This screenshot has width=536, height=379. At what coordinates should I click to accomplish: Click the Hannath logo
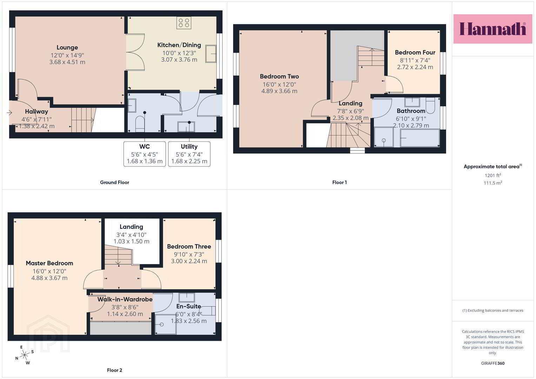pos(493,29)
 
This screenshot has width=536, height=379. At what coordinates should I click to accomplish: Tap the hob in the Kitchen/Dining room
pos(184,23)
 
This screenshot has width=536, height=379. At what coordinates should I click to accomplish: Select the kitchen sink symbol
pos(211,54)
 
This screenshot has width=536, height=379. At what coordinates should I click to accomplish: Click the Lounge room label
pos(67,47)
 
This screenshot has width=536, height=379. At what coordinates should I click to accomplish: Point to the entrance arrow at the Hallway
pos(9,112)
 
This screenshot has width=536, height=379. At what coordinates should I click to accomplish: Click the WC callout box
pos(145,154)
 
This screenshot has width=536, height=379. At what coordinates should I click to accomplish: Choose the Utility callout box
pos(189,154)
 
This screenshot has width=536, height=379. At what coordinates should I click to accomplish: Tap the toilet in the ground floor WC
pos(140,124)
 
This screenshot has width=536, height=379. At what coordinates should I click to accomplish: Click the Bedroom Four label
pos(415,52)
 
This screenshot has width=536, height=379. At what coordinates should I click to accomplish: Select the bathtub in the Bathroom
pos(420,138)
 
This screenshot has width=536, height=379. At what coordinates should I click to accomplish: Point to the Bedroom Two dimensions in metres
pos(279,91)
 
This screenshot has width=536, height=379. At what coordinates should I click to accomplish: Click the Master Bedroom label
pos(49,263)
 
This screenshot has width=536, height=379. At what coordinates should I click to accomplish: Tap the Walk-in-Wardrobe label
pos(125,299)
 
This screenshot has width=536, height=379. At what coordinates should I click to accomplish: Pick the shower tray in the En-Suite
pos(166,324)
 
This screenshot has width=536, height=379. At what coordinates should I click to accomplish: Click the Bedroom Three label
pos(189,246)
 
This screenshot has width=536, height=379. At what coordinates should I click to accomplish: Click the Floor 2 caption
pos(114,370)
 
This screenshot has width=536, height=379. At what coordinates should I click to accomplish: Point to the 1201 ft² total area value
pos(493,175)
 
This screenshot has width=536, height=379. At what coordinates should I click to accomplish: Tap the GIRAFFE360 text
pos(493,363)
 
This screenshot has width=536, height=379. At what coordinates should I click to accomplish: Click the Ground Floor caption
pos(114,182)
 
